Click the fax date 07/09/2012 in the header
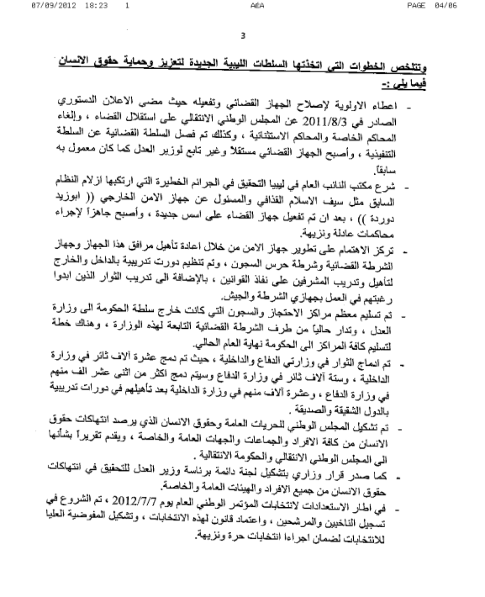pyautogui.click(x=51, y=6)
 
